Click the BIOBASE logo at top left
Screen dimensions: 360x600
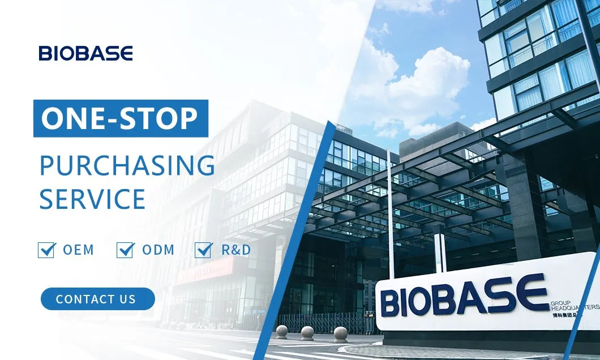85,54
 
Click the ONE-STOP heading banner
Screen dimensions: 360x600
121,118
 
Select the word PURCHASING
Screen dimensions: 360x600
127,165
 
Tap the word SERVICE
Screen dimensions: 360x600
92,199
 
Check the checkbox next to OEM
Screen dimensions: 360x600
46,250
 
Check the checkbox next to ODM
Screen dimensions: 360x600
125,250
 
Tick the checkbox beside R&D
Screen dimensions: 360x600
203,250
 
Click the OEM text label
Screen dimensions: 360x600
78,250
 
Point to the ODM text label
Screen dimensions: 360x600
158,250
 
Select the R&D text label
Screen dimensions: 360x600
235,250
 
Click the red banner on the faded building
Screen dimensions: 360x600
204,271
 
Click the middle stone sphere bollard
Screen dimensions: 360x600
307,332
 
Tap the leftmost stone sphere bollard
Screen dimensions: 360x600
281,332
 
